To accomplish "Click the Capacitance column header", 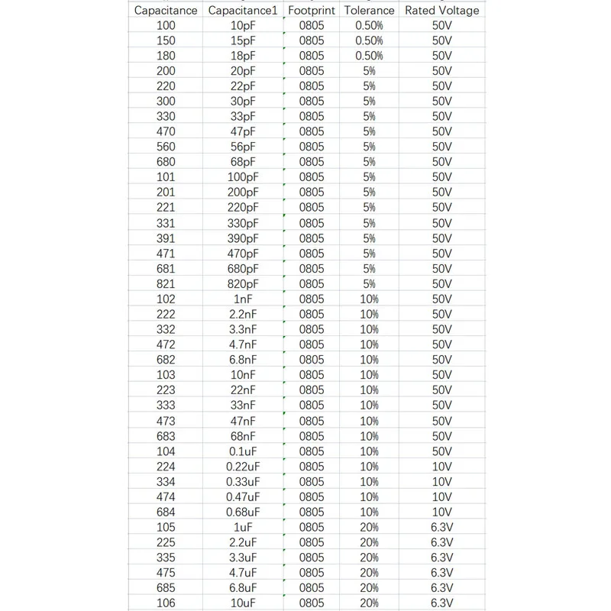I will (x=166, y=11).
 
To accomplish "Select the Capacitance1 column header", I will (x=243, y=11).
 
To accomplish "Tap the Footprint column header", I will (x=312, y=11).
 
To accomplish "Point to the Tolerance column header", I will (x=369, y=11).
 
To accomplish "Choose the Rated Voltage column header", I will (x=442, y=11).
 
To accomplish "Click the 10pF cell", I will (x=243, y=25).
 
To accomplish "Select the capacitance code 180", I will (x=166, y=56).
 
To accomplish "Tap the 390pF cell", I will (x=243, y=238).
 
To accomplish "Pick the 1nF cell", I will (x=243, y=299).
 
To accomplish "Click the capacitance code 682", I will (x=166, y=360).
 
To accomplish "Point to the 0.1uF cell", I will (x=243, y=451).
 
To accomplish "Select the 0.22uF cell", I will (x=243, y=467).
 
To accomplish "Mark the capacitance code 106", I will (x=166, y=603).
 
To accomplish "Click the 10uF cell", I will (x=243, y=603).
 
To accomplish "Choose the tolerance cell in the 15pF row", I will (x=369, y=40).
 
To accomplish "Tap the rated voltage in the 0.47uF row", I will (x=442, y=496).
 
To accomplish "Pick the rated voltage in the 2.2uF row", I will (x=442, y=542).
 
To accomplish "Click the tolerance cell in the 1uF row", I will (x=369, y=527).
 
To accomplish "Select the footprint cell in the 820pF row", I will (x=312, y=283).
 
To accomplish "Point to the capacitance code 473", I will (x=166, y=421).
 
